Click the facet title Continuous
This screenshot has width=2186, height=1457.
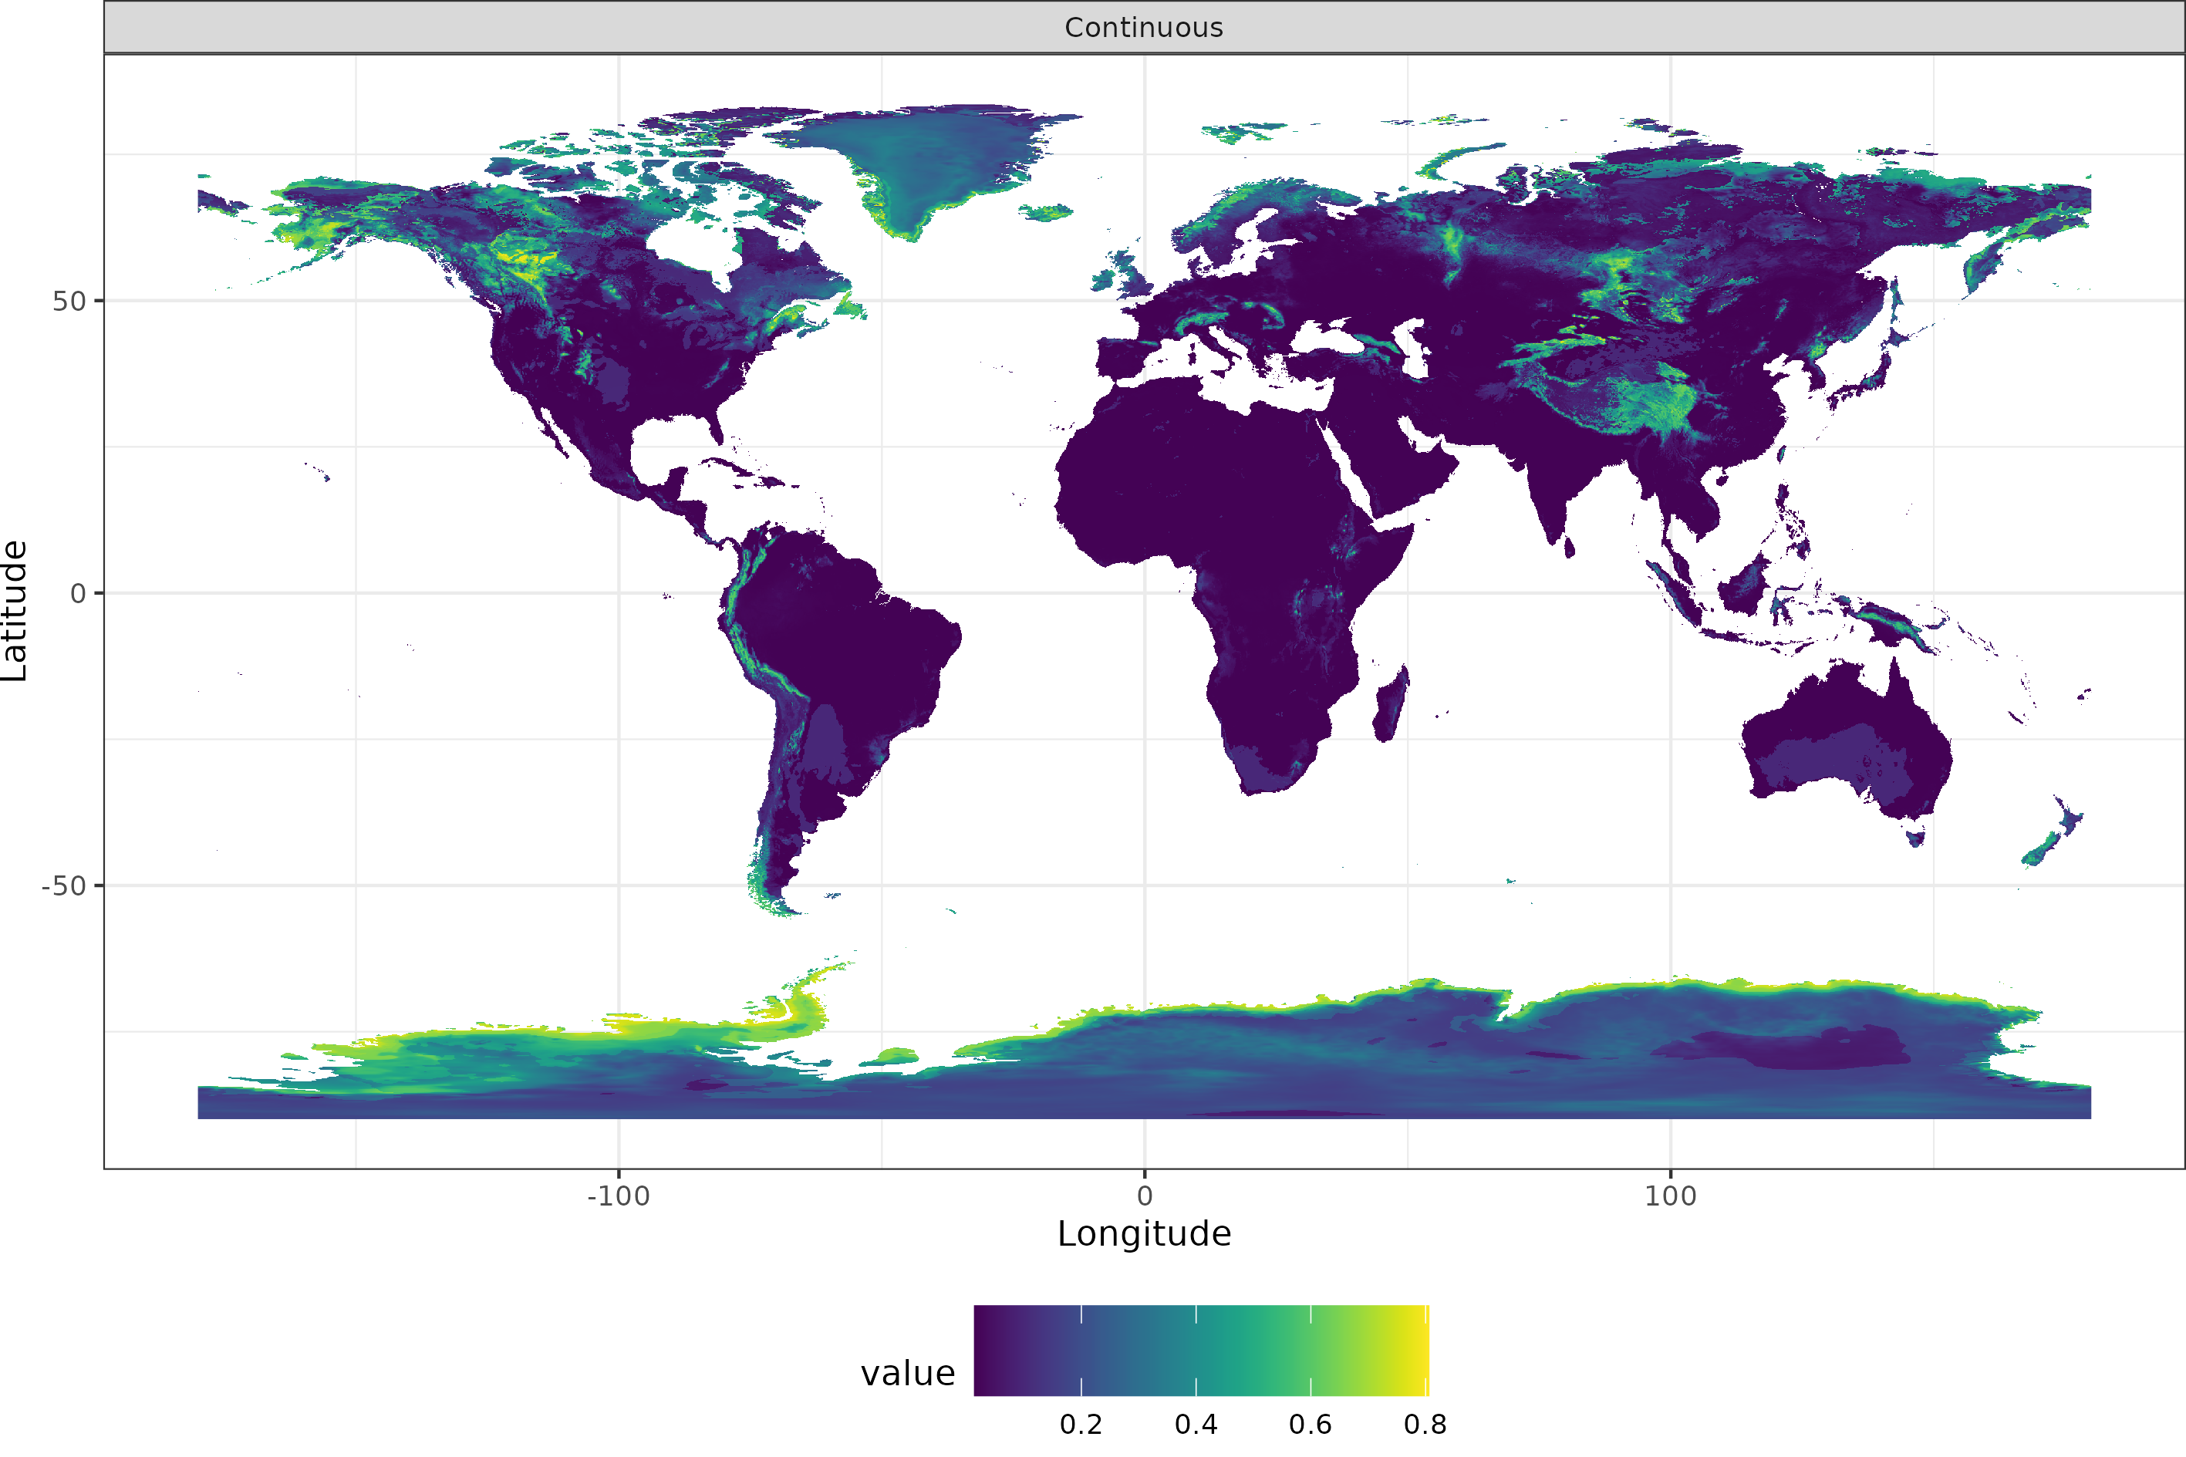[x=1144, y=28]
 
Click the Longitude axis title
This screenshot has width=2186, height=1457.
[x=1144, y=1234]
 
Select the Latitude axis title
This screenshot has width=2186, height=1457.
[x=15, y=611]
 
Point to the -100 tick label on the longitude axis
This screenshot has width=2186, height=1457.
[x=618, y=1196]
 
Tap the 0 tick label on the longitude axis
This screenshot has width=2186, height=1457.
[x=1145, y=1196]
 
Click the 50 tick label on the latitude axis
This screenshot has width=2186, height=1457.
[x=69, y=301]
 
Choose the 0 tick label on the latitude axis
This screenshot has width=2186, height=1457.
[x=78, y=593]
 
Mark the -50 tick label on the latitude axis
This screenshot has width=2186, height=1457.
[x=63, y=885]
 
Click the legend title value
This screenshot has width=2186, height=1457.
[x=908, y=1374]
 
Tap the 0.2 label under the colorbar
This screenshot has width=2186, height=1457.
[x=1081, y=1425]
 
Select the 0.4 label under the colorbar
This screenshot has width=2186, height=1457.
[x=1196, y=1425]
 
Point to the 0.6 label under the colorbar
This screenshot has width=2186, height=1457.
[x=1310, y=1425]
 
